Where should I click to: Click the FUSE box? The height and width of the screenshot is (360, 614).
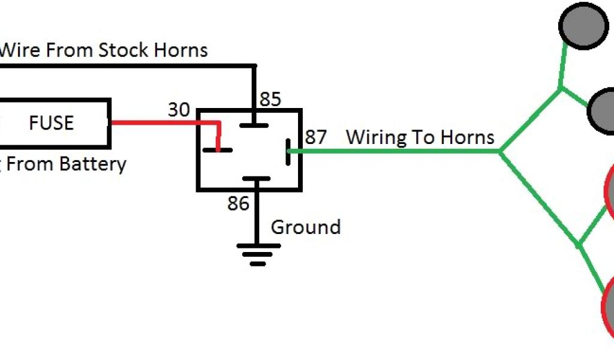[53, 124]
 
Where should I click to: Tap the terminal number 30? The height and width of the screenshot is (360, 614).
[178, 110]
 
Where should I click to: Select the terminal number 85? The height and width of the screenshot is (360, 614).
[270, 99]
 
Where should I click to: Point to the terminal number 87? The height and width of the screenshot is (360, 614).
[316, 137]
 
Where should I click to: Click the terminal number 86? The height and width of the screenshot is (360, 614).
[238, 204]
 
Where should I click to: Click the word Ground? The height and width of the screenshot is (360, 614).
[306, 227]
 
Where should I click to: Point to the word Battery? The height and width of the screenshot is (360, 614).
[96, 164]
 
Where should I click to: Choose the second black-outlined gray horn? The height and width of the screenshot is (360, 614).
[602, 110]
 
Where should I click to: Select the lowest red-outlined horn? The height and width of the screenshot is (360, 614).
[608, 308]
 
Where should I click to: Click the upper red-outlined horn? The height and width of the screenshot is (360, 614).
[609, 192]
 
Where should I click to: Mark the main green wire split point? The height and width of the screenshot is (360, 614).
[499, 151]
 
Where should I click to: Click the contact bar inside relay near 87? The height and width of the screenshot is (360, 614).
[288, 151]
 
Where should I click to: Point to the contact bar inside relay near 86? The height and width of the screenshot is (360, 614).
[256, 178]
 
